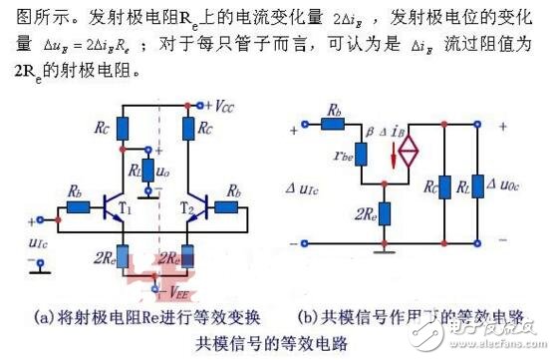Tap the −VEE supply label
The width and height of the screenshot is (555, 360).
(x=172, y=291)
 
